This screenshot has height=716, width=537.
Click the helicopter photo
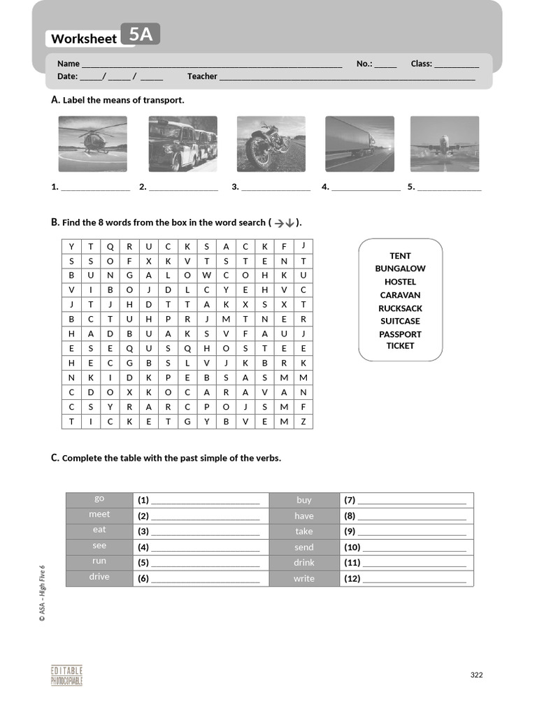pyautogui.click(x=92, y=143)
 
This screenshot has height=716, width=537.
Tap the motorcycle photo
pyautogui.click(x=271, y=143)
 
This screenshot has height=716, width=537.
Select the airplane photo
pyautogui.click(x=444, y=143)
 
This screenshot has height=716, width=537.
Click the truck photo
pyautogui.click(x=359, y=143)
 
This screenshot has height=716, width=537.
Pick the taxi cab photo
pyautogui.click(x=182, y=143)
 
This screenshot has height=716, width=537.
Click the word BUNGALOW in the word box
pyautogui.click(x=400, y=268)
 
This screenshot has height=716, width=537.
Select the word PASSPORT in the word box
pyautogui.click(x=400, y=334)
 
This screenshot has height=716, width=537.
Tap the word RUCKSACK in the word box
pyautogui.click(x=400, y=308)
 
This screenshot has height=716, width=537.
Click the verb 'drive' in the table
pyautogui.click(x=99, y=577)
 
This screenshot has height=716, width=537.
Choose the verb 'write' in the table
pyautogui.click(x=304, y=578)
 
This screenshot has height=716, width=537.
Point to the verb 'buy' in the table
pyautogui.click(x=304, y=500)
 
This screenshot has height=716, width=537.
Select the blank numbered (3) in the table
pyautogui.click(x=205, y=531)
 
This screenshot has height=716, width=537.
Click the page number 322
pyautogui.click(x=476, y=675)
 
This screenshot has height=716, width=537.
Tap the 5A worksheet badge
pyautogui.click(x=141, y=34)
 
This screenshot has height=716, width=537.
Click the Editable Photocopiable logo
pyautogui.click(x=66, y=675)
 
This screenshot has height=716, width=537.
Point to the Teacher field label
pyautogui.click(x=202, y=76)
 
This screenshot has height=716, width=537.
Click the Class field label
pyautogui.click(x=421, y=64)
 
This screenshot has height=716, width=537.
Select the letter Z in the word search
pyautogui.click(x=303, y=421)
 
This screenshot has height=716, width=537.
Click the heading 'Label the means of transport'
pyautogui.click(x=123, y=100)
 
